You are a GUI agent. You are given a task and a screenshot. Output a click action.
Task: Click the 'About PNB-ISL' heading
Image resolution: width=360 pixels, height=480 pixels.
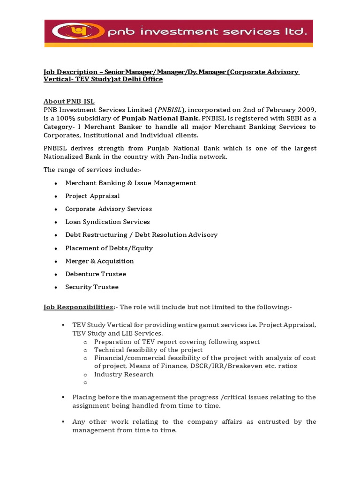pos(69,101)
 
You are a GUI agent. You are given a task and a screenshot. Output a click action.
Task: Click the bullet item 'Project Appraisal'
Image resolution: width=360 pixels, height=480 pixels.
pos(92,196)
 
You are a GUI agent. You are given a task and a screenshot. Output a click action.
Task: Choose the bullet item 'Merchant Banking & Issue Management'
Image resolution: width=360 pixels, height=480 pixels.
pos(130,183)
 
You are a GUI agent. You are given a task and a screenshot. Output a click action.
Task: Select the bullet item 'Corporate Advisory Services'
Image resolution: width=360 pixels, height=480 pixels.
pos(108,209)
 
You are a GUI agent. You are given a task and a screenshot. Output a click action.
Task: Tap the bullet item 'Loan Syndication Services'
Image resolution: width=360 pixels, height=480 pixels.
pos(107,222)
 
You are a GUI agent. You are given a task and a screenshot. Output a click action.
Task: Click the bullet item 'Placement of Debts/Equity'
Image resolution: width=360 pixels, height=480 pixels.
pos(109,248)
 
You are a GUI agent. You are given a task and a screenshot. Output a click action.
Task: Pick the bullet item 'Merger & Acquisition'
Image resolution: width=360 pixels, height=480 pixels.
pos(99,261)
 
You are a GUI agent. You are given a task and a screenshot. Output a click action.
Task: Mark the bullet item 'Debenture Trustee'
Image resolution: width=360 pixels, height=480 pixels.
pos(96,274)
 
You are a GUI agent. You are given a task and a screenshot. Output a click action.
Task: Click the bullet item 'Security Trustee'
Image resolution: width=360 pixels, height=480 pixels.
pos(92,287)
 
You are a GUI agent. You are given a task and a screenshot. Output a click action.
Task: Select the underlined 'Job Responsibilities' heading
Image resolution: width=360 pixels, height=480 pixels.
pos(78,307)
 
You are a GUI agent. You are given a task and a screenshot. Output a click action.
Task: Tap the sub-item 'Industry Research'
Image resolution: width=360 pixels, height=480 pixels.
pos(124,374)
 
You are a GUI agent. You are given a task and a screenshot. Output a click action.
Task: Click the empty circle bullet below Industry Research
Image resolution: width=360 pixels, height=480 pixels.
pos(86,383)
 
